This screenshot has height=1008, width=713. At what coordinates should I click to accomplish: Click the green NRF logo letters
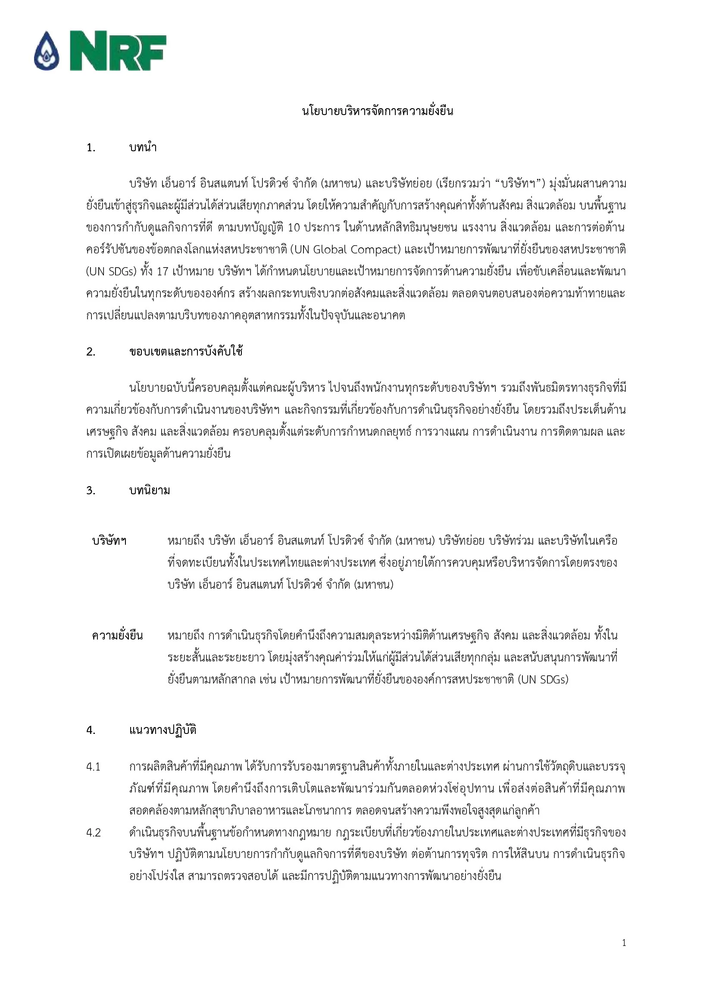point(118,50)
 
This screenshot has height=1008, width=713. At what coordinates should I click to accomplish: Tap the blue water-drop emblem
point(47,51)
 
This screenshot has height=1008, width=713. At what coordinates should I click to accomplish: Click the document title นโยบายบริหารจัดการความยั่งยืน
point(377,111)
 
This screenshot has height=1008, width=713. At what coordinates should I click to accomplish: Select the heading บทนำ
point(143,147)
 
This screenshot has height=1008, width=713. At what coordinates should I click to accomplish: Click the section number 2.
point(91,352)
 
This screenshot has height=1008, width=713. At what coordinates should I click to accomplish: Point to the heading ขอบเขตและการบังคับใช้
point(186,352)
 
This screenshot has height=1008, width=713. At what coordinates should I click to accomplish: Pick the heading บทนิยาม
point(149,490)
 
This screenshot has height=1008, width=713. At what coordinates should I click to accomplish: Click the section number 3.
point(91,490)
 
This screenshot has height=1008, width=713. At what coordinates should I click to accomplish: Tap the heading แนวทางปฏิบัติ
point(163,730)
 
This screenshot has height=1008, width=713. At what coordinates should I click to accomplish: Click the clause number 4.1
point(94,767)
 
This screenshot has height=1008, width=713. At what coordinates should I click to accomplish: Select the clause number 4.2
point(94,833)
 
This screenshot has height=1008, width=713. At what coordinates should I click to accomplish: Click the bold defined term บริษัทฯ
point(109,541)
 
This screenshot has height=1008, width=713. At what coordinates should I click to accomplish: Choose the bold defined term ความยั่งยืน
point(117,635)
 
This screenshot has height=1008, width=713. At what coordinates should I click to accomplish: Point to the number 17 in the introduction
point(163,272)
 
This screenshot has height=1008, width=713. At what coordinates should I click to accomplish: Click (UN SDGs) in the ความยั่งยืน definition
point(543,679)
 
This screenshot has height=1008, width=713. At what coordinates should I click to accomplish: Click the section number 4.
point(91,730)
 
